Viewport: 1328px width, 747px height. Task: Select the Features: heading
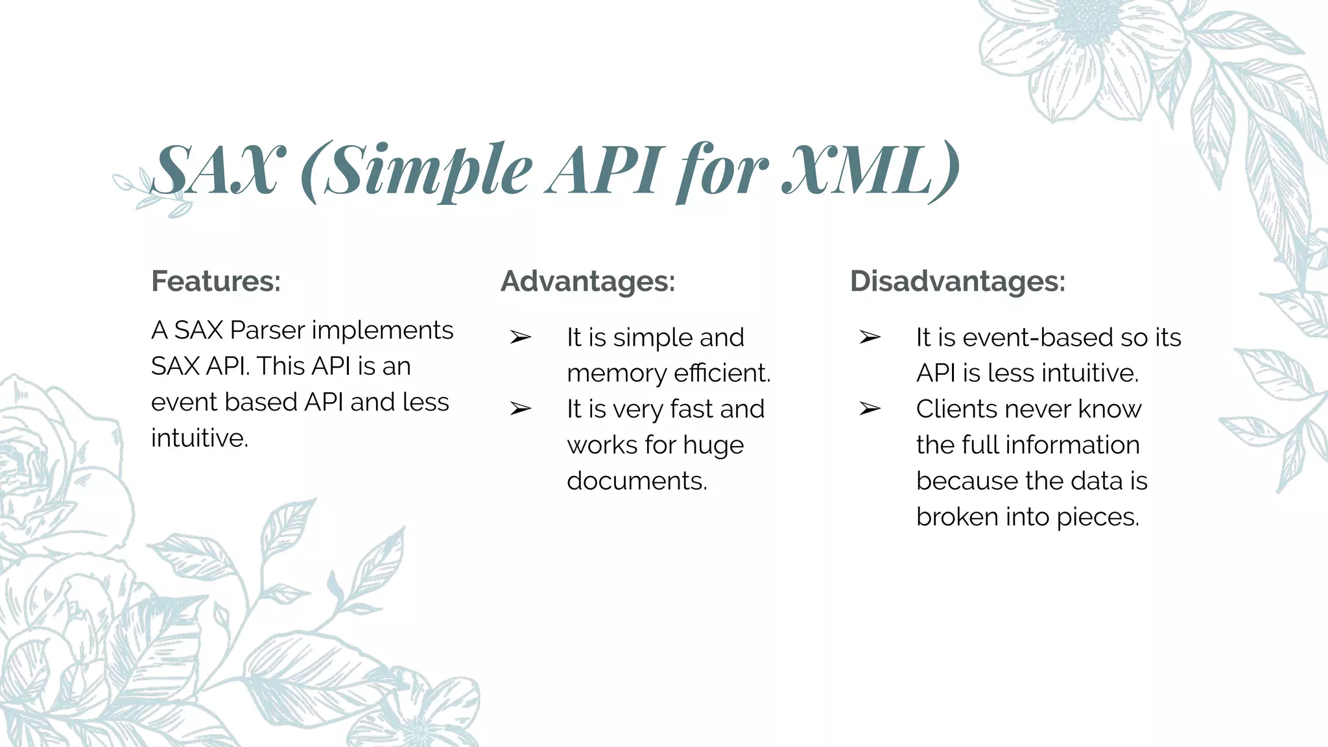point(216,281)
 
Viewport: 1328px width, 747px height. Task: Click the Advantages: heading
point(587,281)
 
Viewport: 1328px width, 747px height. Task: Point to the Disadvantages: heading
point(958,281)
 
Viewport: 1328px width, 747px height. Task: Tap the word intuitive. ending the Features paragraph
point(200,438)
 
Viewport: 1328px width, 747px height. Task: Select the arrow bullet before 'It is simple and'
point(520,337)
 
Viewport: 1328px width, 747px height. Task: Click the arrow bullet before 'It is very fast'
point(520,409)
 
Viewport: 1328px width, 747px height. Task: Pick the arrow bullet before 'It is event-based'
point(870,337)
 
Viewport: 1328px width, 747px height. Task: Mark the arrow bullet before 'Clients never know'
point(870,409)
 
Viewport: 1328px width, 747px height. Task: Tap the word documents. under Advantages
point(637,481)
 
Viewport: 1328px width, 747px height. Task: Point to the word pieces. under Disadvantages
point(1098,517)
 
